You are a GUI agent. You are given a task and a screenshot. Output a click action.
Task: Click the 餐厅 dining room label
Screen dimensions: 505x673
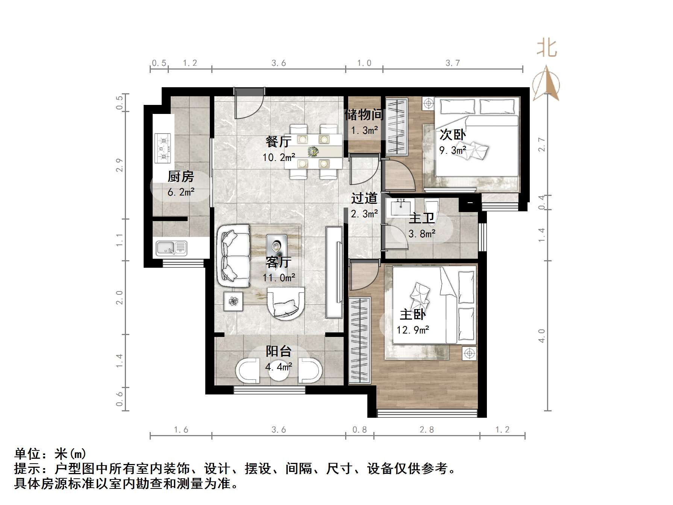click(x=278, y=142)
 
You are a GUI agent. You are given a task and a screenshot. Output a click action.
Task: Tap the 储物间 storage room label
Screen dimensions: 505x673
click(x=364, y=115)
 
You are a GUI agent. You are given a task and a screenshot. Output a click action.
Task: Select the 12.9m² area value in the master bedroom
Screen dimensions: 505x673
click(x=413, y=330)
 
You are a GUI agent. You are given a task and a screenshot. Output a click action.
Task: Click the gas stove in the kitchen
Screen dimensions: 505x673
click(x=163, y=148)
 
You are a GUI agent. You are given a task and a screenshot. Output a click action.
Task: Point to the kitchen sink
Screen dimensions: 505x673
click(x=171, y=248)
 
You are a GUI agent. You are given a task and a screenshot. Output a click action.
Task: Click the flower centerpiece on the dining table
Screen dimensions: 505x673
click(x=313, y=152)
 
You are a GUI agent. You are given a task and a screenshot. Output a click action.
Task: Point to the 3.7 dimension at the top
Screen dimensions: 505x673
click(x=453, y=63)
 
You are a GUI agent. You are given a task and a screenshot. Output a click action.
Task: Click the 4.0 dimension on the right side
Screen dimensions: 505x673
click(x=541, y=336)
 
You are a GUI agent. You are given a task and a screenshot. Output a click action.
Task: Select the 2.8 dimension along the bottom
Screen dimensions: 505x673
click(x=427, y=429)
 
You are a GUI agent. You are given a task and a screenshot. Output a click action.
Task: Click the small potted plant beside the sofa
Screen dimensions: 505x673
click(x=233, y=301)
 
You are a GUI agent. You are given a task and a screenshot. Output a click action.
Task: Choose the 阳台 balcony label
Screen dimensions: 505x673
click(x=279, y=351)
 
